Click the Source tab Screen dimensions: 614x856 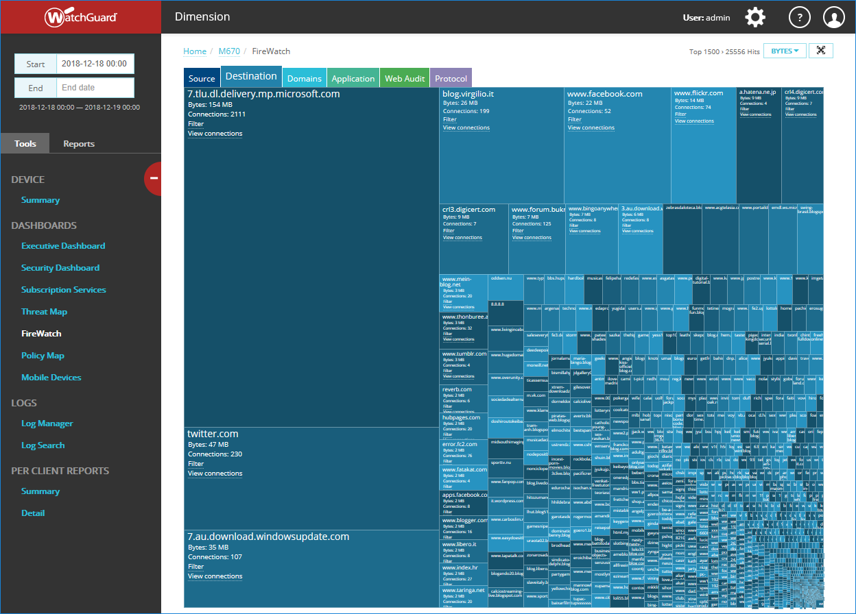(x=202, y=78)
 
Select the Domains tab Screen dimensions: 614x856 (x=305, y=78)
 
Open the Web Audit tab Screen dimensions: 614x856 (x=405, y=78)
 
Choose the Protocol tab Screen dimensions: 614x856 (x=451, y=78)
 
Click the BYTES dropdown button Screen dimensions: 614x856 (x=785, y=51)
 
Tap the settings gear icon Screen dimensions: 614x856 (x=755, y=17)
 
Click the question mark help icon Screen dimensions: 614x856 (x=800, y=17)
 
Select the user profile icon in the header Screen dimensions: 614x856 (x=834, y=17)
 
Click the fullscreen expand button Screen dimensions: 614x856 (x=821, y=51)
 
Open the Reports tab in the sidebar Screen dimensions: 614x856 (x=79, y=144)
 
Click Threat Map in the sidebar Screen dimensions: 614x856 (x=44, y=312)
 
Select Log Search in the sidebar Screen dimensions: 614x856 (x=43, y=445)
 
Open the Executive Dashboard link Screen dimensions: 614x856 (x=63, y=246)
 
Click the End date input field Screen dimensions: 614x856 (x=95, y=88)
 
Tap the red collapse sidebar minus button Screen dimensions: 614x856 (x=154, y=178)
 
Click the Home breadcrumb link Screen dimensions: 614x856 (x=195, y=51)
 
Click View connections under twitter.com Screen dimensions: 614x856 (x=215, y=474)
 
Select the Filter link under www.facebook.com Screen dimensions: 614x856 (x=574, y=119)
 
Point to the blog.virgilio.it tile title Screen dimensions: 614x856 (x=468, y=94)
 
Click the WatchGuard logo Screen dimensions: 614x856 (x=81, y=17)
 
